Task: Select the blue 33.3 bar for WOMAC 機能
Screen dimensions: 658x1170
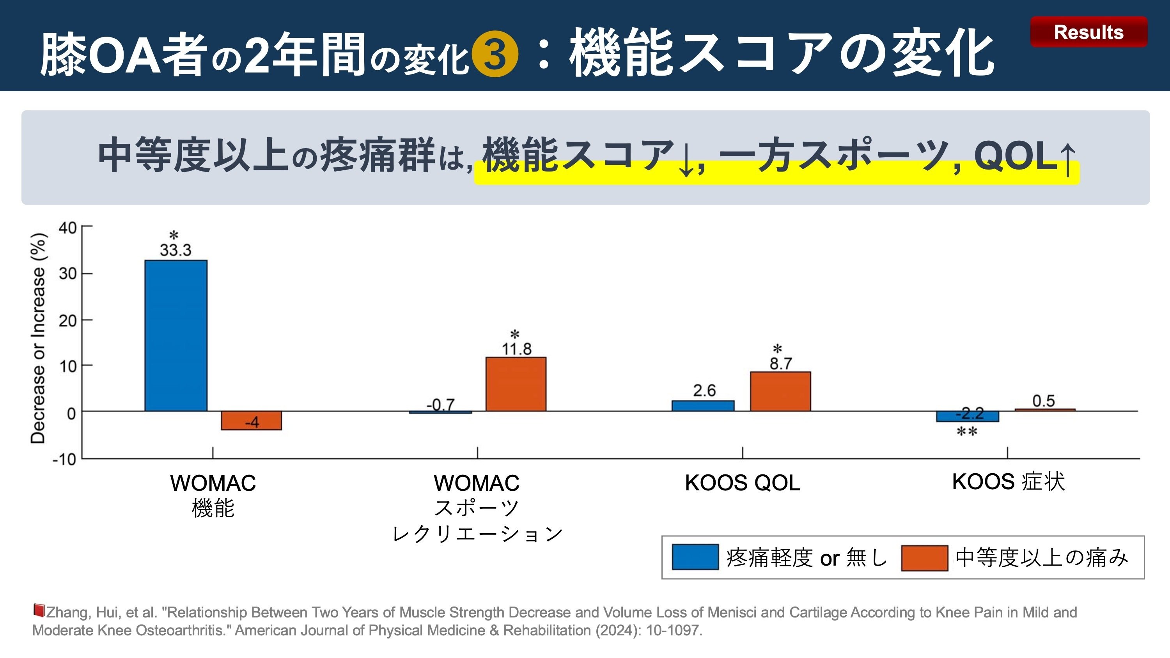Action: (x=176, y=336)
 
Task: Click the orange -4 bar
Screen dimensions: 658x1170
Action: (x=251, y=421)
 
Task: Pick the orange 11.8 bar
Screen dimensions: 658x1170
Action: (x=516, y=384)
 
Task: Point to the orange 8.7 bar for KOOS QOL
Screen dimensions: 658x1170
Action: (x=780, y=391)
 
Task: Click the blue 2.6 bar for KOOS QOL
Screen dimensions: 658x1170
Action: (x=703, y=406)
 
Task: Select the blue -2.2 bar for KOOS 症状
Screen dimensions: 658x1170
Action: (x=968, y=416)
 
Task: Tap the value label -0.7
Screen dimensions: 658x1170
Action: (x=440, y=404)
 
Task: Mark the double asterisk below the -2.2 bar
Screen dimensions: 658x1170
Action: (x=967, y=432)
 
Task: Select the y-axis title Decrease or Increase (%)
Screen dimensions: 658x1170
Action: (x=38, y=338)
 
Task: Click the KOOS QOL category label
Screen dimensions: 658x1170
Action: (x=742, y=483)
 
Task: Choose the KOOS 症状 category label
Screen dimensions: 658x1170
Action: (x=1008, y=482)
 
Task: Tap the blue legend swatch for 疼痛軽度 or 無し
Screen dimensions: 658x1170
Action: (x=695, y=557)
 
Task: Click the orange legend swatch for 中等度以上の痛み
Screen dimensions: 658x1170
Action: (x=924, y=558)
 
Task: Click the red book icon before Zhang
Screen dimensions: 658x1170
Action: (x=39, y=610)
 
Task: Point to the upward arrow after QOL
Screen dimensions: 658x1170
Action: (x=1068, y=159)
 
